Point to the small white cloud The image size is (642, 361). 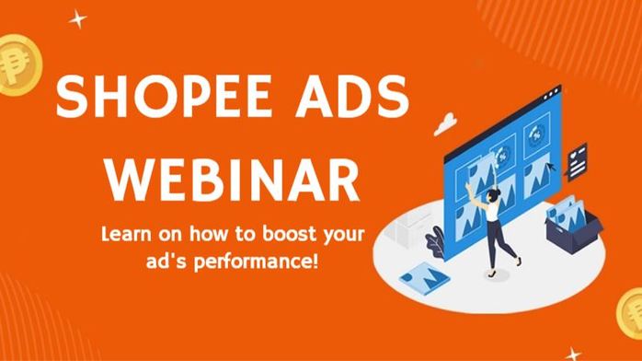[x=446, y=120]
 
